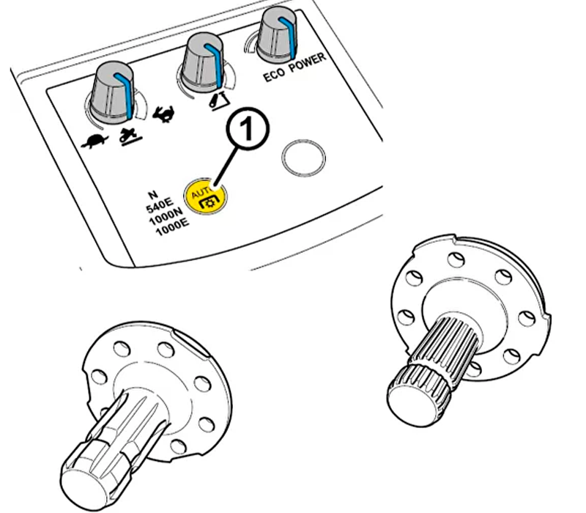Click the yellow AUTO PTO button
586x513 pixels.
coord(205,196)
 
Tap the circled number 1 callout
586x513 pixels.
coord(248,129)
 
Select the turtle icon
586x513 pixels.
coord(95,141)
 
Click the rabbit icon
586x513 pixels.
coord(163,114)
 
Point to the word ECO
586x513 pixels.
coord(275,75)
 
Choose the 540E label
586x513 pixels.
coord(160,205)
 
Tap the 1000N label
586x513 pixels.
coord(166,216)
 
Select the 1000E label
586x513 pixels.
coord(172,227)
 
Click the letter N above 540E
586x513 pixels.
coord(153,195)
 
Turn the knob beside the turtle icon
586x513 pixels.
coord(112,94)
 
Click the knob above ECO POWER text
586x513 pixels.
coord(278,34)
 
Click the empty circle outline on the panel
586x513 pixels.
coord(303,158)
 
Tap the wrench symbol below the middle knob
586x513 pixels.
coord(218,100)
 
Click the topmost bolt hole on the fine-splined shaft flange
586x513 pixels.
coord(456,259)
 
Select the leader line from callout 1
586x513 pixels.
coord(226,167)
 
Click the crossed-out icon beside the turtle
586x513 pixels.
coord(130,135)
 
